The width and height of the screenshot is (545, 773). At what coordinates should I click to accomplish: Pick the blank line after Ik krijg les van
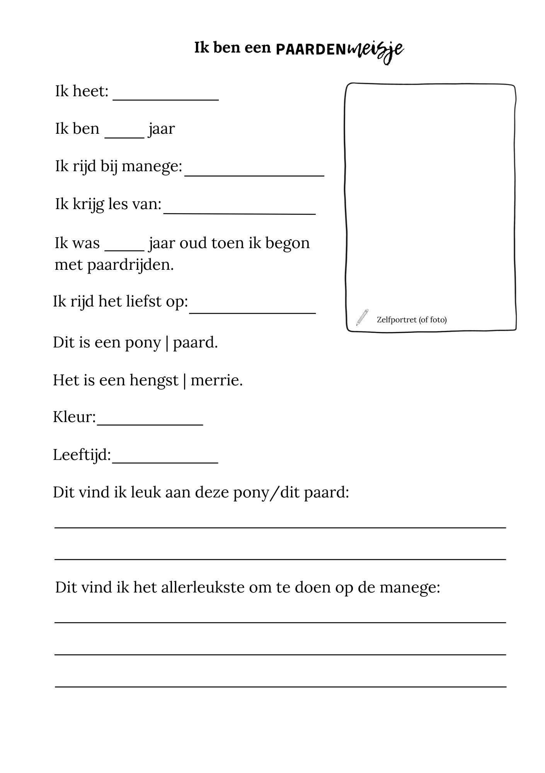pos(239,212)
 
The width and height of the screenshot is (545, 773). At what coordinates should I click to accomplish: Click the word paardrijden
pos(130,265)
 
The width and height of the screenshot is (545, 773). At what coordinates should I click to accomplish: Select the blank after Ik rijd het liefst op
pos(252,312)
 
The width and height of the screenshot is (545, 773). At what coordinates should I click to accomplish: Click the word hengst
pos(154,380)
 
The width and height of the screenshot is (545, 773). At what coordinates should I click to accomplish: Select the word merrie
pos(216,380)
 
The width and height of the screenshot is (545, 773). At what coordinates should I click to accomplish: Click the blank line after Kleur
pos(150,424)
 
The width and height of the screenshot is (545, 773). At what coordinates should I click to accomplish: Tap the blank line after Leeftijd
pos(165,461)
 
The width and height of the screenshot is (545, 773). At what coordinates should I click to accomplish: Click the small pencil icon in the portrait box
pos(362,317)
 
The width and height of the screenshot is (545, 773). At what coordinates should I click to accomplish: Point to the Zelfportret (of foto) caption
pos(411,320)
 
